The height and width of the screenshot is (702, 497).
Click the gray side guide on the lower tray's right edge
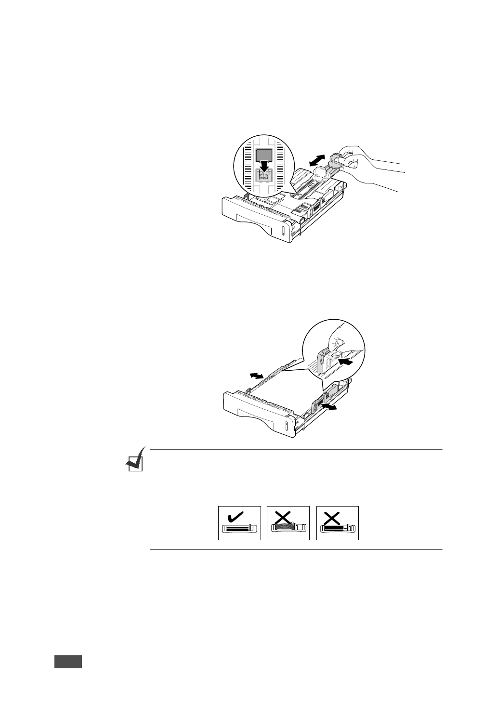point(318,399)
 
